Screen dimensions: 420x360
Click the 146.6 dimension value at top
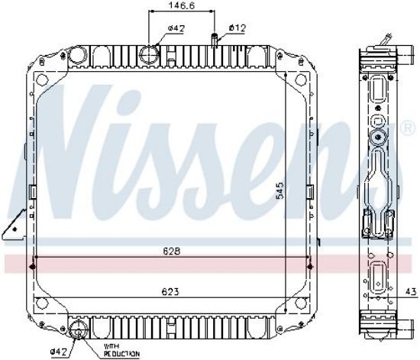click(x=182, y=5)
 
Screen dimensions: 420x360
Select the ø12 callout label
click(x=237, y=28)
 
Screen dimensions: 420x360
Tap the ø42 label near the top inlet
click(x=177, y=28)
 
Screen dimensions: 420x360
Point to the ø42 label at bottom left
click(x=58, y=352)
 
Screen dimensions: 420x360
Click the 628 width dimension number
click(x=171, y=251)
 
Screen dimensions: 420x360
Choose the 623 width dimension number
click(x=171, y=291)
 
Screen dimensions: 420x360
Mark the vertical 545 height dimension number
click(x=280, y=190)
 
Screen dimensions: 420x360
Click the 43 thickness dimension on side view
click(x=411, y=291)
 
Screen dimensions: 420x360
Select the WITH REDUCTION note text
click(x=121, y=350)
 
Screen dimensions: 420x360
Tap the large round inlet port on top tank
click(x=149, y=55)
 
